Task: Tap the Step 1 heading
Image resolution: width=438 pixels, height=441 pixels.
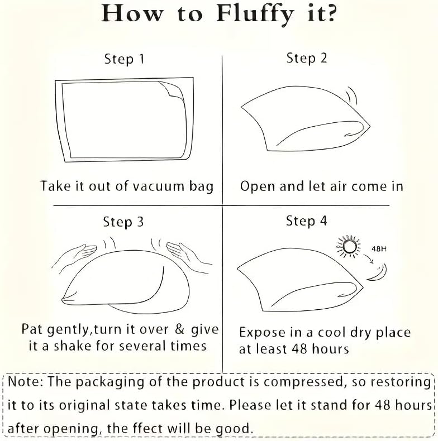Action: pyautogui.click(x=124, y=59)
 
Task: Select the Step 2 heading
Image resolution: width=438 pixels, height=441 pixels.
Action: pyautogui.click(x=307, y=59)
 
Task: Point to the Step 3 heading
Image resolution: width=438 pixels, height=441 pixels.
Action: pyautogui.click(x=123, y=222)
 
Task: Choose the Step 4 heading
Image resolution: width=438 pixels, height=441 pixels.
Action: pyautogui.click(x=307, y=221)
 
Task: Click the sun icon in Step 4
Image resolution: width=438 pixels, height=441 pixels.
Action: pyautogui.click(x=349, y=246)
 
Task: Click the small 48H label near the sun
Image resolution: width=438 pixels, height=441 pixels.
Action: pyautogui.click(x=379, y=248)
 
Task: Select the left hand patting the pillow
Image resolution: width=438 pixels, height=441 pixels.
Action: pyautogui.click(x=75, y=256)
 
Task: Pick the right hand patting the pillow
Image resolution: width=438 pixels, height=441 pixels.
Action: pyautogui.click(x=189, y=257)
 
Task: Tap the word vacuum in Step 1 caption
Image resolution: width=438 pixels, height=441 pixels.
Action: pyautogui.click(x=158, y=186)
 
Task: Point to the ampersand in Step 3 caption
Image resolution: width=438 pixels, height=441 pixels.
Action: pyautogui.click(x=179, y=329)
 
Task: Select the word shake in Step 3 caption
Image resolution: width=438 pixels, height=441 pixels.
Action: pyautogui.click(x=72, y=346)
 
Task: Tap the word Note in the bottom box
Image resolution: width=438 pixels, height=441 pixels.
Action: pyautogui.click(x=25, y=382)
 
